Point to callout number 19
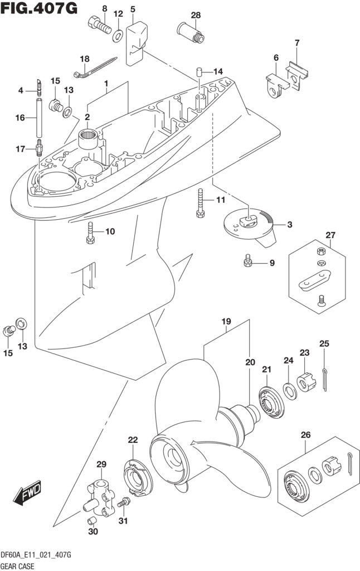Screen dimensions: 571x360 [x=226, y=321]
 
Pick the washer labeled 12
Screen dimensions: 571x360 [x=119, y=37]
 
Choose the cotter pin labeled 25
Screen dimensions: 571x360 [x=324, y=372]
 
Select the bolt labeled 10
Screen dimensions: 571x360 [x=90, y=232]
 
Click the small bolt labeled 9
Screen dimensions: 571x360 [x=248, y=260]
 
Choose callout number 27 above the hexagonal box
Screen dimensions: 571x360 [x=331, y=235]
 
